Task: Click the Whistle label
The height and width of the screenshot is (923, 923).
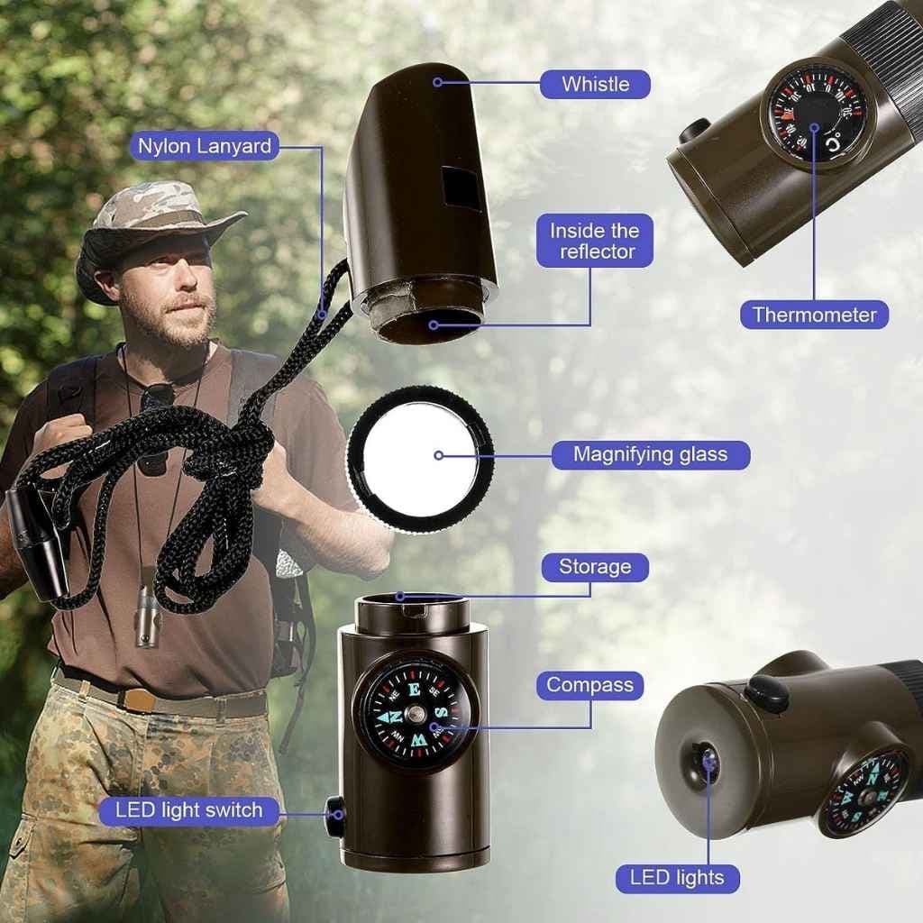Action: click(x=595, y=84)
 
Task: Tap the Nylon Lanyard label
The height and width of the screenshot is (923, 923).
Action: click(x=205, y=146)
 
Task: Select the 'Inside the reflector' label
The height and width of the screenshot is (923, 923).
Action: click(x=595, y=241)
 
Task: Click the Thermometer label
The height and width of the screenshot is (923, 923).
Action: click(x=814, y=315)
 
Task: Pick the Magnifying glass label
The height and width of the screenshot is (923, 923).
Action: click(x=651, y=454)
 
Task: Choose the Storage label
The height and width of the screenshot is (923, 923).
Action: click(x=595, y=567)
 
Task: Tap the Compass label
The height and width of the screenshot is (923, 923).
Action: click(x=589, y=685)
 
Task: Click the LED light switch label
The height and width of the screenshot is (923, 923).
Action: click(x=189, y=810)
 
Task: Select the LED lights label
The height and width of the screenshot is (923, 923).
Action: click(x=677, y=878)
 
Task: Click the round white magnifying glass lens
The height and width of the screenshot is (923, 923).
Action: click(x=419, y=458)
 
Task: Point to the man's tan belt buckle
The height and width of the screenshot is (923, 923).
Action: click(x=137, y=700)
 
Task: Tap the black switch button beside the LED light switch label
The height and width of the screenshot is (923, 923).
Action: click(x=335, y=815)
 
